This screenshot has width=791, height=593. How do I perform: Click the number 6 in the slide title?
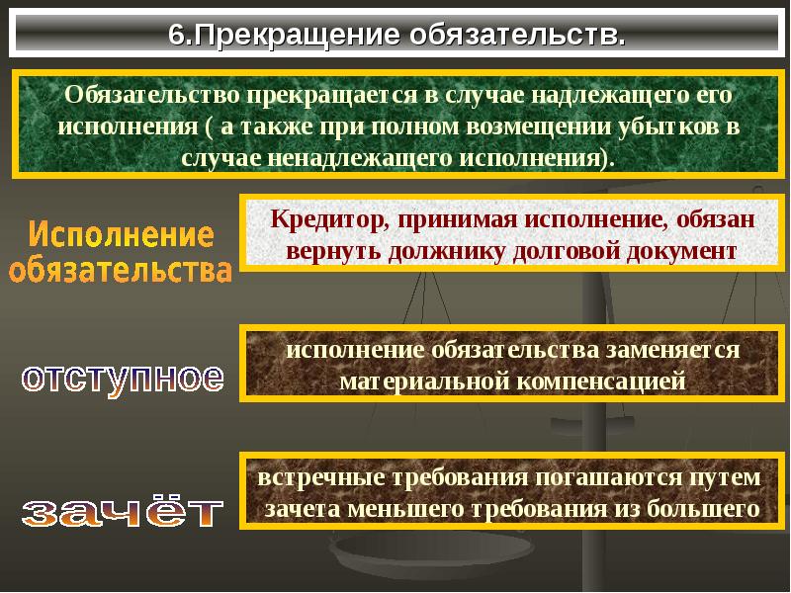click(x=177, y=35)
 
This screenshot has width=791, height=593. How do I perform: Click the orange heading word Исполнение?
click(x=121, y=235)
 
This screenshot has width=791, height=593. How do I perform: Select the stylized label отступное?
click(x=123, y=380)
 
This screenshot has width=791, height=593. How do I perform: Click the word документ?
click(x=681, y=252)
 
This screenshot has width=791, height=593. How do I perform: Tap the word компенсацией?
click(x=602, y=381)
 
